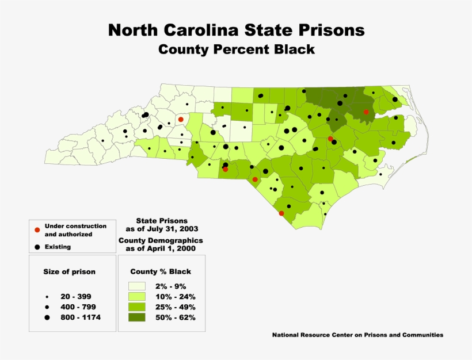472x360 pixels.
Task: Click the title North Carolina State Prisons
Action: point(236,29)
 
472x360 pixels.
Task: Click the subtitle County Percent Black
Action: point(237,49)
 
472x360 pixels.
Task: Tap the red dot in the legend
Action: point(37,230)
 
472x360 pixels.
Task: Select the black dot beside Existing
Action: point(37,247)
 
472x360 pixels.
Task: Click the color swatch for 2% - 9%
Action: point(136,286)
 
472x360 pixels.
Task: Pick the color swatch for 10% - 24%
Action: point(136,297)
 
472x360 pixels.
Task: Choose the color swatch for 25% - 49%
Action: point(136,307)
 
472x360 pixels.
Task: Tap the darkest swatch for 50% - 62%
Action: point(136,317)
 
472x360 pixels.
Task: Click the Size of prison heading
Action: point(69,271)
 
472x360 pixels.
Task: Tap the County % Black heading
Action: point(161,271)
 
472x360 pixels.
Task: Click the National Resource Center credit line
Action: point(357,334)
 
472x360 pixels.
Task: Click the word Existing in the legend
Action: point(58,247)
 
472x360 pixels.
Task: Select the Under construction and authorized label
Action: point(68,230)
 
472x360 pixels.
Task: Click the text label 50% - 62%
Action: point(175,317)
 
